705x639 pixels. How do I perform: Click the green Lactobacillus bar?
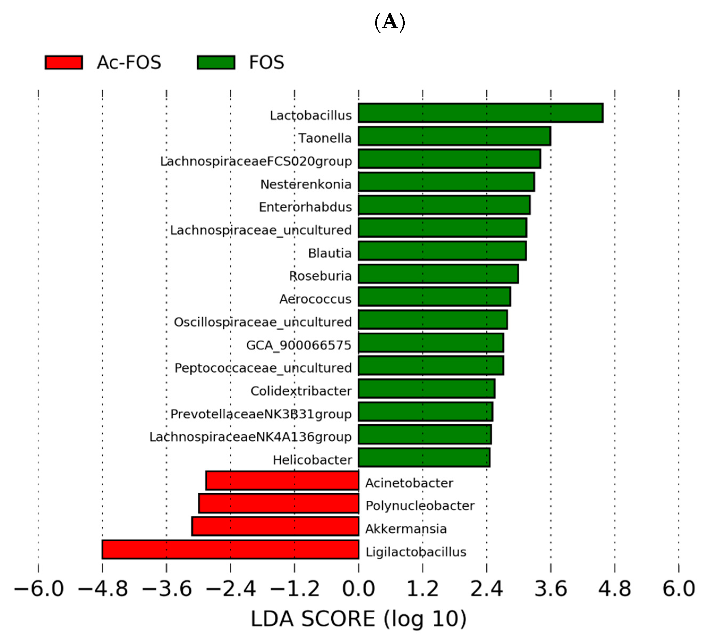(481, 113)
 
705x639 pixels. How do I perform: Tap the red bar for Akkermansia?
(275, 526)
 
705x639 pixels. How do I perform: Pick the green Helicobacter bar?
(424, 457)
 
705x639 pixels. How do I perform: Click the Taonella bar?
(454, 136)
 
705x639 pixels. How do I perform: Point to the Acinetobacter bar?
(282, 480)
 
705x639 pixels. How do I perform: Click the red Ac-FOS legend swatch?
(64, 62)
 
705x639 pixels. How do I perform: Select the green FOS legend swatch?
(216, 62)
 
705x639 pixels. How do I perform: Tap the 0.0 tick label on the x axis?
(358, 588)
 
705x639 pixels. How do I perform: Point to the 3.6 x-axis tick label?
(550, 588)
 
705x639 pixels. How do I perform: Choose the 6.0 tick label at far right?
(678, 588)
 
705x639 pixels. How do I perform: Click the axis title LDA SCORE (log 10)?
(358, 619)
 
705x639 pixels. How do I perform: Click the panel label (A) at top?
(390, 22)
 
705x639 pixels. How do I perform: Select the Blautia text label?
(330, 253)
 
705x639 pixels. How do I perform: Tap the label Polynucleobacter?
(420, 506)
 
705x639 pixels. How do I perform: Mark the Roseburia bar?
(438, 274)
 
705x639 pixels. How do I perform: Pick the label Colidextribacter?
(301, 391)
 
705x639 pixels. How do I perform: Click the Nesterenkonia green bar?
(446, 182)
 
